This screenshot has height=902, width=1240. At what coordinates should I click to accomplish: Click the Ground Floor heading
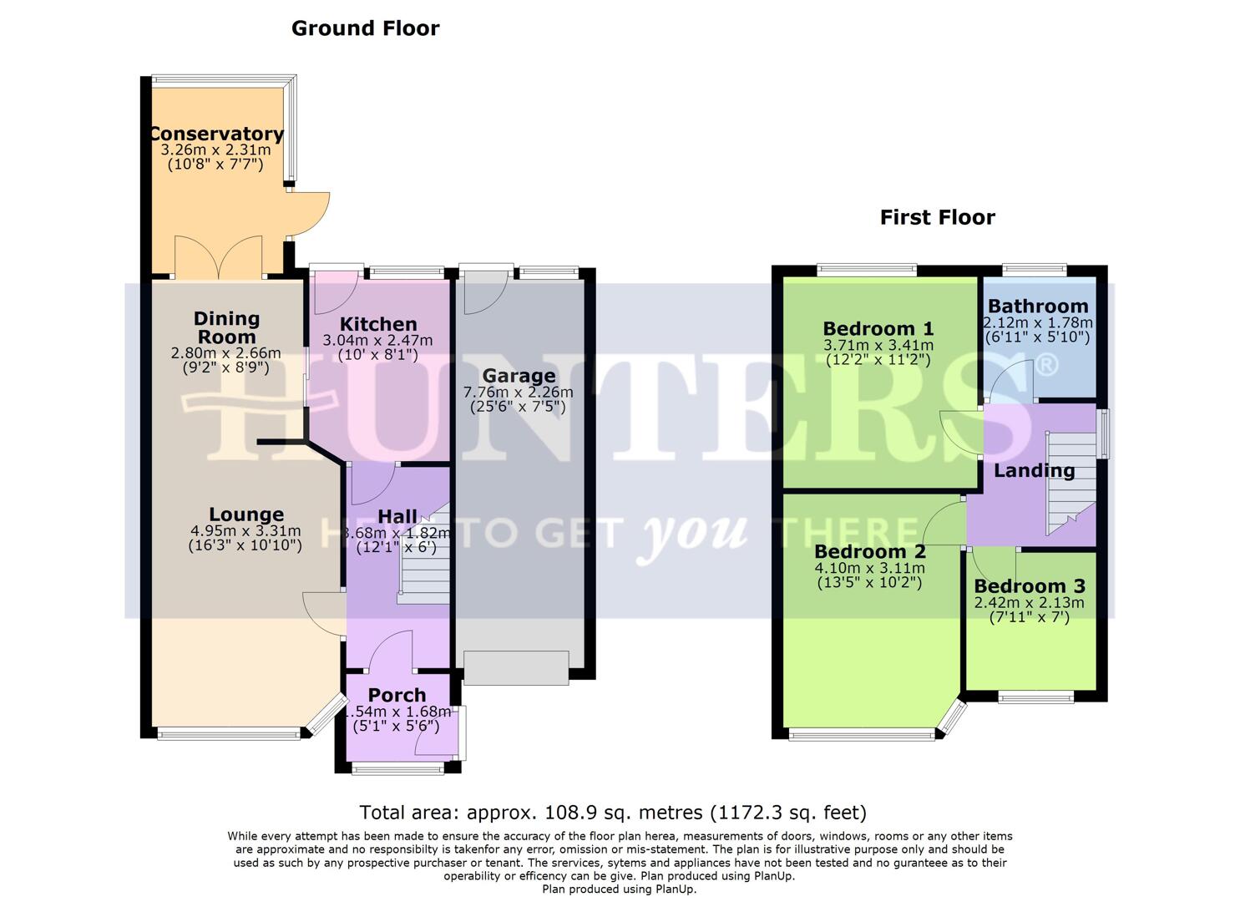pyautogui.click(x=365, y=28)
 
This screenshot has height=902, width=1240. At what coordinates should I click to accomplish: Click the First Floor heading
pyautogui.click(x=937, y=218)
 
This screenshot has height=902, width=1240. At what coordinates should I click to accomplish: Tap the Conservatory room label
pyautogui.click(x=216, y=134)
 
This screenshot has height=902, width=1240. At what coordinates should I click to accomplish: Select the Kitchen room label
pyautogui.click(x=378, y=324)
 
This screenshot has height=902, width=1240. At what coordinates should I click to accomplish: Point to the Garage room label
pyautogui.click(x=519, y=376)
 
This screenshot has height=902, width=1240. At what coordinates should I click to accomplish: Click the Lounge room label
pyautogui.click(x=246, y=514)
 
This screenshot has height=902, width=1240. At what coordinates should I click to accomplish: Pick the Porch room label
pyautogui.click(x=397, y=695)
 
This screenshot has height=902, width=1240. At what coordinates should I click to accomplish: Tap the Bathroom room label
pyautogui.click(x=1038, y=307)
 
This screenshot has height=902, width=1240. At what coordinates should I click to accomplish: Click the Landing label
pyautogui.click(x=1034, y=470)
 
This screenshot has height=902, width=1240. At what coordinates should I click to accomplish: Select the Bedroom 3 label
pyautogui.click(x=1031, y=586)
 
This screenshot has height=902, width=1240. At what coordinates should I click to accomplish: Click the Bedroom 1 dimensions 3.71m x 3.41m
pyautogui.click(x=878, y=345)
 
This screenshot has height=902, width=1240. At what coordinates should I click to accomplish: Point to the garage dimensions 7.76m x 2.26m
pyautogui.click(x=519, y=392)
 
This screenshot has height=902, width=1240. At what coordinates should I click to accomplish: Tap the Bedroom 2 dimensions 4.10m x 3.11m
pyautogui.click(x=869, y=568)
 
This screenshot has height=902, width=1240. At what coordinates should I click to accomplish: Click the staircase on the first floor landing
pyautogui.click(x=1070, y=484)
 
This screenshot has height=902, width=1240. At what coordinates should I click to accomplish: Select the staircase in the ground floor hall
pyautogui.click(x=424, y=560)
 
